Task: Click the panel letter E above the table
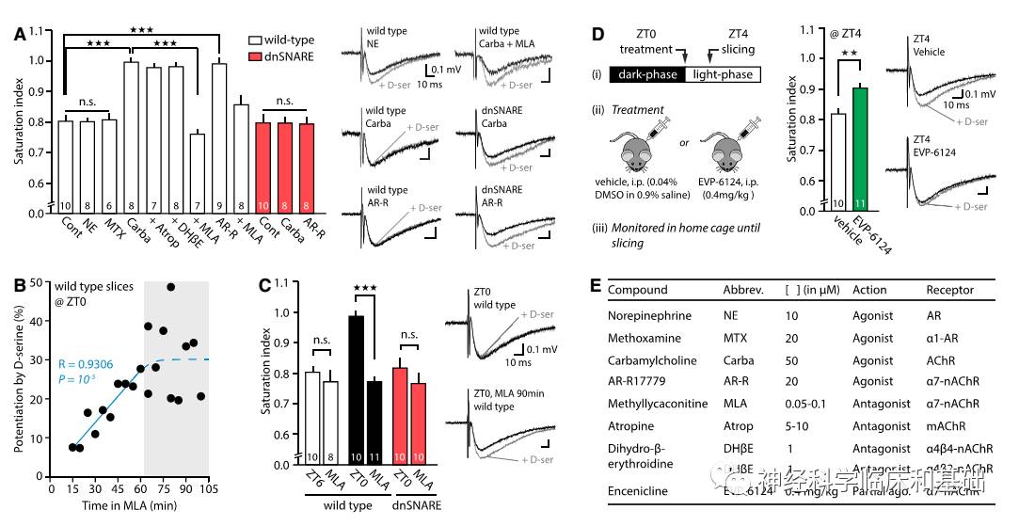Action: coord(595,284)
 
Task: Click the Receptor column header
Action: coord(949,290)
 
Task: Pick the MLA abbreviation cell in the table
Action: coord(736,404)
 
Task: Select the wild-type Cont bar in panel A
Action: coord(66,166)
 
